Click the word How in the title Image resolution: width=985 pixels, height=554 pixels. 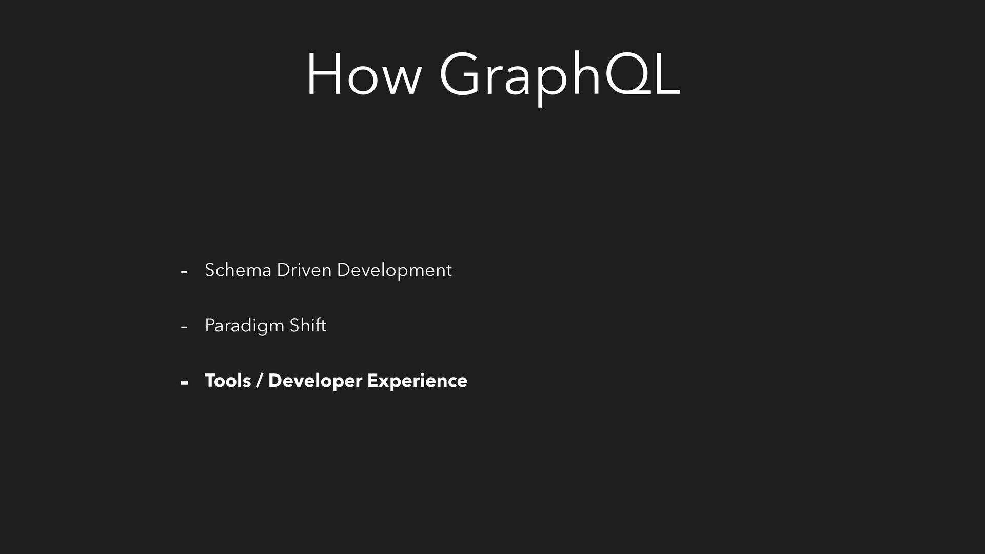coord(363,74)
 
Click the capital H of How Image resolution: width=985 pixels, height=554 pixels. coord(324,74)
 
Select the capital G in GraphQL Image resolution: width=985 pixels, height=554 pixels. coord(461,74)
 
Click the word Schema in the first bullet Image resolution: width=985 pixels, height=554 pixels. coord(238,270)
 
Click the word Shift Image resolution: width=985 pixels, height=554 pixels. coord(308,325)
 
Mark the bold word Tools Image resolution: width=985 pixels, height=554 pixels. coord(228,381)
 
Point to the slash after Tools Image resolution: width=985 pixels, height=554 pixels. coord(260,381)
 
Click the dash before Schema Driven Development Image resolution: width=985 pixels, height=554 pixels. coord(184,272)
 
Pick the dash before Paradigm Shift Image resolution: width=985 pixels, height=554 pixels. coord(184,327)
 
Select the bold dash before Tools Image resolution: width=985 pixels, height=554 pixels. coord(185,383)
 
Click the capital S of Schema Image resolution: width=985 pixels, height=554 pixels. coord(210,270)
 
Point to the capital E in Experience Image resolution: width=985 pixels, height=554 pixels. coord(373,381)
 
